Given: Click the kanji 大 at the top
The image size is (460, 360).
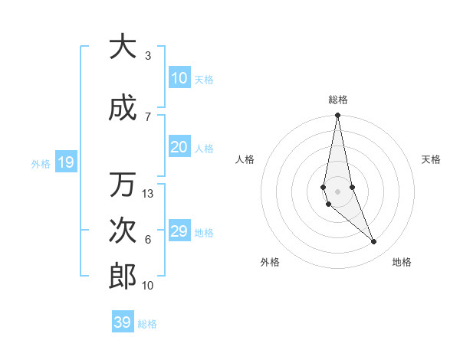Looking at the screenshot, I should tap(123, 47).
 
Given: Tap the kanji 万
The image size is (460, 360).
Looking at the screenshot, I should tap(123, 185).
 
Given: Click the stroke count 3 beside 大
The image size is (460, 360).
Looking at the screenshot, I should tap(147, 55).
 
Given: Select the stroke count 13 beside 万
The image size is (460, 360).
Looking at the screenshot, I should tap(148, 194).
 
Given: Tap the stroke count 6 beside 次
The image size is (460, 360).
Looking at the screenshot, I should tap(147, 240).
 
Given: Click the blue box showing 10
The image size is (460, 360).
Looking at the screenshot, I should tap(179, 78).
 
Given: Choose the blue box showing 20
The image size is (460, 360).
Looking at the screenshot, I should tap(179, 147).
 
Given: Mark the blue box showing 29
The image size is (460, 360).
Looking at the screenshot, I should tap(179, 231).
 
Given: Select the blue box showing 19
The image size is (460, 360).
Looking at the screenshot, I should tap(65, 162).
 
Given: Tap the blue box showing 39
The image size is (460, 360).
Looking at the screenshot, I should tap(122, 322).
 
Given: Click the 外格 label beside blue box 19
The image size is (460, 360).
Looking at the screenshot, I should tap(41, 163).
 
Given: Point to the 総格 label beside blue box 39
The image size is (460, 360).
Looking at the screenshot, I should tap(147, 324).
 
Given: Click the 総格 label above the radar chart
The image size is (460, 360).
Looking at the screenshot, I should tap(338, 100).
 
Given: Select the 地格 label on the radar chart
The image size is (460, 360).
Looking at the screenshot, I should tap(402, 262).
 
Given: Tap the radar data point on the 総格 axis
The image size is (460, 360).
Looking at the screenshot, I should tap(337, 115).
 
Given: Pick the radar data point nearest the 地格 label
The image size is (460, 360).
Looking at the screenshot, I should tap(374, 242).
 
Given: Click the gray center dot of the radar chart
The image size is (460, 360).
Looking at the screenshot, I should tap(337, 191).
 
